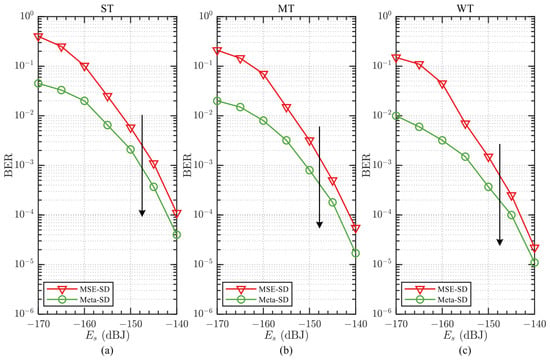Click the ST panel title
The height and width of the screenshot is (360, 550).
[x=107, y=8]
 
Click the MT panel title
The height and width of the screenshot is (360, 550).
[x=286, y=8]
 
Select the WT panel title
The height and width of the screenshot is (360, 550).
[x=465, y=8]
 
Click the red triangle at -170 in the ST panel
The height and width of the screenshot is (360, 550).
[x=39, y=37]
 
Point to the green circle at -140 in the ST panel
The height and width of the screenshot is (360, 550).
[x=176, y=235]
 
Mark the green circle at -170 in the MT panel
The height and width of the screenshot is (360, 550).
[x=217, y=101]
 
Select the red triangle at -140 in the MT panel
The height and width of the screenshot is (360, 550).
[x=355, y=228]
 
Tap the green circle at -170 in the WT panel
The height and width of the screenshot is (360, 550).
[x=396, y=116]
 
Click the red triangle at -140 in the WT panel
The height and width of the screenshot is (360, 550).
[x=534, y=248]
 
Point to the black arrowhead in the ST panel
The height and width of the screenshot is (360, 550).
[x=142, y=213]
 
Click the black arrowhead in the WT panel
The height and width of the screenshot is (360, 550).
[x=500, y=242]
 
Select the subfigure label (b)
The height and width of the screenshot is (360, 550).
[x=286, y=350]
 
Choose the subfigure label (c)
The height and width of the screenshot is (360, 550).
[x=465, y=350]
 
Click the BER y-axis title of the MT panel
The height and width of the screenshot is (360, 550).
[x=188, y=164]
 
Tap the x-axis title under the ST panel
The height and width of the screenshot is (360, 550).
[x=108, y=335]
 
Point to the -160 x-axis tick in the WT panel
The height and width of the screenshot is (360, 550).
[x=442, y=323]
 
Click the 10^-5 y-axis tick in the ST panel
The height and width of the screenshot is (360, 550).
[x=24, y=263]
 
